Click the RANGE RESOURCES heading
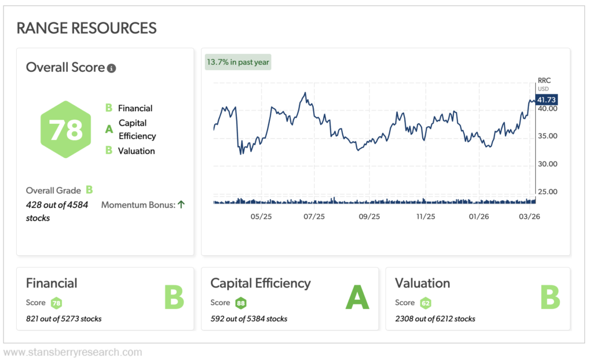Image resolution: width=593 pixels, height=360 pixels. tap(87, 28)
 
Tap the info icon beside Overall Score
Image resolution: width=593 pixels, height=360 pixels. tap(112, 68)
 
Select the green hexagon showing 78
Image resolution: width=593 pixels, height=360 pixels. tap(66, 130)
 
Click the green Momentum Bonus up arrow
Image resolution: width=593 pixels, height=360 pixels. tap(181, 204)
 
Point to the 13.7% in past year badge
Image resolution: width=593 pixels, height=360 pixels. tap(238, 62)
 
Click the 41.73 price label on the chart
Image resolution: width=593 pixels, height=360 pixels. tap(547, 100)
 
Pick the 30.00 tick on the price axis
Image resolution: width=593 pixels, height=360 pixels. tap(547, 164)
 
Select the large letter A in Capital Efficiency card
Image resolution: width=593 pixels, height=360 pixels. tap(357, 297)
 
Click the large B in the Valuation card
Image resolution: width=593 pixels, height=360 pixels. tap(550, 297)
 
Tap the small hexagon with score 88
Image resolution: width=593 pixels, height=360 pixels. tap(241, 303)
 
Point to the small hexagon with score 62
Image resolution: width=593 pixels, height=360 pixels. tap(426, 303)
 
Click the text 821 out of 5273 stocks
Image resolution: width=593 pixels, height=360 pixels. tap(64, 318)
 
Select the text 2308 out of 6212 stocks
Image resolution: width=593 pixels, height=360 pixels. tap(435, 318)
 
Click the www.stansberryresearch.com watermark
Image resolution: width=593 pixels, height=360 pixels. tap(72, 352)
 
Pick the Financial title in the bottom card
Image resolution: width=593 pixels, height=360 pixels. tap(52, 283)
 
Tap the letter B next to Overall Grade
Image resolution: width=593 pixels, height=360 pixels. tap(89, 190)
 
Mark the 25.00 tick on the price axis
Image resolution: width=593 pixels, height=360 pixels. tap(547, 192)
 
